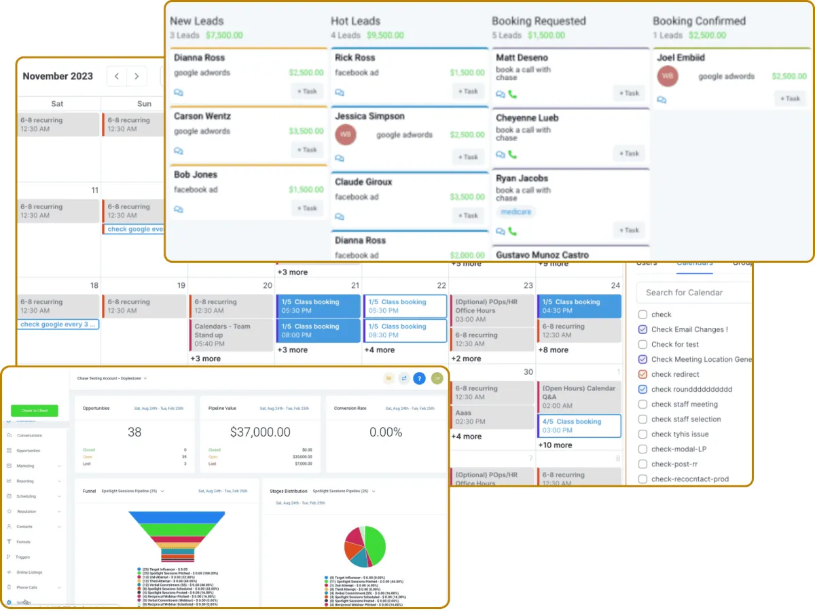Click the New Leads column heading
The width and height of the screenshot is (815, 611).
[x=197, y=21]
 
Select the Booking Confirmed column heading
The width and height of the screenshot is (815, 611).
[x=699, y=21]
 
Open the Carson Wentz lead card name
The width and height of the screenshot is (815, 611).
[x=202, y=116]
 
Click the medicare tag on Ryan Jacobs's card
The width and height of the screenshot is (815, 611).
[x=515, y=212]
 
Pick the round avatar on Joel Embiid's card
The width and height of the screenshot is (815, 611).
[x=667, y=76]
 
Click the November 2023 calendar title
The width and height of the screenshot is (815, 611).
[x=58, y=76]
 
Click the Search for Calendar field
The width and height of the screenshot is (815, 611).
[x=693, y=293]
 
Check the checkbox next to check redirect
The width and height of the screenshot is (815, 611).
[x=642, y=374]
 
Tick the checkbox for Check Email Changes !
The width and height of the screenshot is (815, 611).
[x=642, y=329]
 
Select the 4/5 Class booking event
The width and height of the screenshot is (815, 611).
[x=579, y=426]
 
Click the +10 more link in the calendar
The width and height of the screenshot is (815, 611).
[x=555, y=445]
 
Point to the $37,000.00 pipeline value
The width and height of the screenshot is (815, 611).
[x=260, y=432]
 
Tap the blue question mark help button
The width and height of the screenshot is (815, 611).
[x=419, y=378]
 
